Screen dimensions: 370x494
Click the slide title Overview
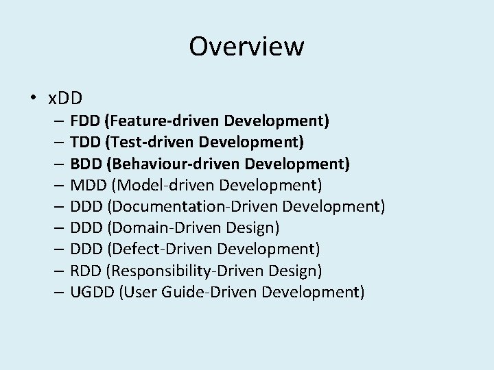[246, 47]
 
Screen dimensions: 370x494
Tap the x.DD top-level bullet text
[65, 98]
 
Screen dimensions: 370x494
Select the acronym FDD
[84, 121]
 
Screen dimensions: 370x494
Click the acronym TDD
[84, 143]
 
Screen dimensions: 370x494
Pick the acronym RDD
[85, 271]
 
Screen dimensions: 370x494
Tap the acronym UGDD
[91, 293]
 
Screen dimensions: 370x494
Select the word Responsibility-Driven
[178, 271]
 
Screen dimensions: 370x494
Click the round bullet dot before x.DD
[33, 98]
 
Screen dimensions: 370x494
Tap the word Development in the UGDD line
[314, 293]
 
